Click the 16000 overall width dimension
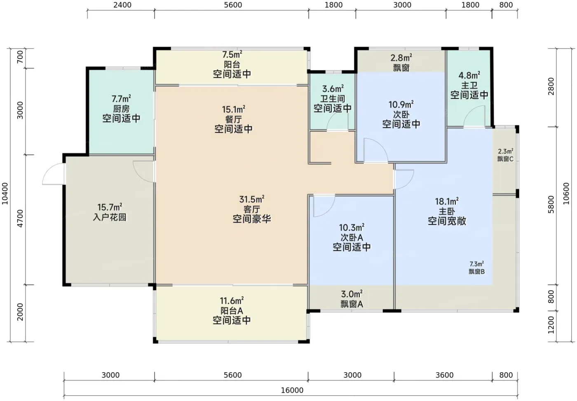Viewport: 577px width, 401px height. point(292,390)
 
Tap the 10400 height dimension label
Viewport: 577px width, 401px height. point(5,194)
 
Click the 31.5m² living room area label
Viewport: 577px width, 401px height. point(252,199)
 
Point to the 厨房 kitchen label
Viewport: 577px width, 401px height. point(121,109)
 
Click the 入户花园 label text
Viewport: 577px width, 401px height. point(110,217)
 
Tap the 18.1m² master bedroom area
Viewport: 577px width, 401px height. point(447,201)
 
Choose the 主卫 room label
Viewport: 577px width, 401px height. point(469,85)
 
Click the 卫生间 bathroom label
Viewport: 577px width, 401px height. point(333,98)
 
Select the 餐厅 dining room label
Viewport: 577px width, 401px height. point(233,119)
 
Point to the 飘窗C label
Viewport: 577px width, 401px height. point(505,159)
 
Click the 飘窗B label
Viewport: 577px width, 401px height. point(476,271)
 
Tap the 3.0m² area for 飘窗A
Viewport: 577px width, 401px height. point(352,294)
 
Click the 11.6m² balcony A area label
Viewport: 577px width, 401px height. point(232,301)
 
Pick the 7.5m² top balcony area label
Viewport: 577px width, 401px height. point(232,55)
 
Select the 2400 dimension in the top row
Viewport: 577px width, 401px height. point(122,5)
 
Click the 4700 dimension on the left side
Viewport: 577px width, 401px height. point(20,219)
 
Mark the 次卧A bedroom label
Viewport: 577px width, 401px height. point(352,237)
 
